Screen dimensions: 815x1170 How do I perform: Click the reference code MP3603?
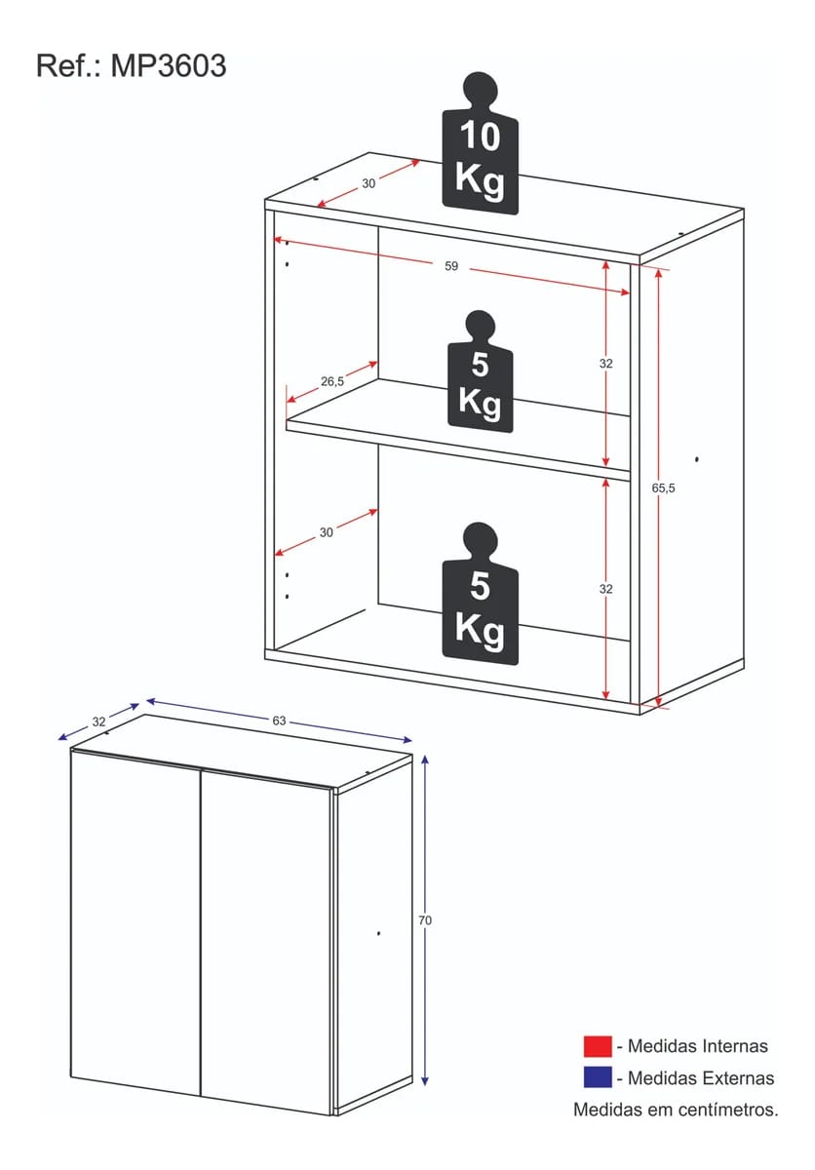[169, 66]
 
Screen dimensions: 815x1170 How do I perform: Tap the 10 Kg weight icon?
[481, 143]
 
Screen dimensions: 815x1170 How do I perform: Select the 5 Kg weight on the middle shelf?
[481, 371]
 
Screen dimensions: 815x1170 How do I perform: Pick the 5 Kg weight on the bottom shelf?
[481, 594]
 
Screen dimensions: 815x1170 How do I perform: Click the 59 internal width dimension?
[451, 266]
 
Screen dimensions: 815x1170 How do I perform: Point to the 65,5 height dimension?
[663, 487]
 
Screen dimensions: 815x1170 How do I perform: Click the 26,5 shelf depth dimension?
[332, 382]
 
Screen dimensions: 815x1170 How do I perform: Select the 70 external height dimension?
[425, 920]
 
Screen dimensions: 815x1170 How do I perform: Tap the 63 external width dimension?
[280, 721]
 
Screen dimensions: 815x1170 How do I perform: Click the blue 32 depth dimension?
[98, 721]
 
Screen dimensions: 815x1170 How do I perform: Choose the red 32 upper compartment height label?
[605, 364]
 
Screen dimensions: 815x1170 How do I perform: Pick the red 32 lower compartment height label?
[605, 589]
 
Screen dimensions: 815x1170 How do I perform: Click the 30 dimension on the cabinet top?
[369, 184]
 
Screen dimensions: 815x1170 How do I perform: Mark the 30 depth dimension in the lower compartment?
[327, 532]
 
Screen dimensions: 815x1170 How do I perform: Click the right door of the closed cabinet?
[267, 943]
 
